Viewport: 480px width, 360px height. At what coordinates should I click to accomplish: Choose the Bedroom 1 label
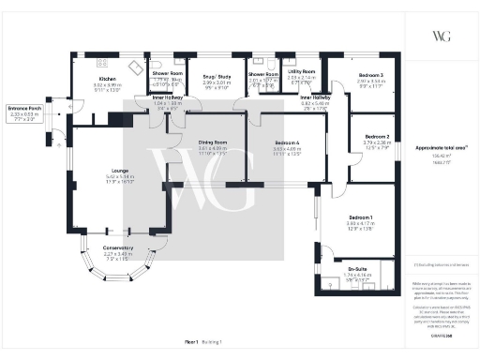click(359, 218)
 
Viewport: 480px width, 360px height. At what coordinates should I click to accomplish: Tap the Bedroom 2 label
click(376, 137)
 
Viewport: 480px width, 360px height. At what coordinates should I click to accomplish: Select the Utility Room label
click(302, 72)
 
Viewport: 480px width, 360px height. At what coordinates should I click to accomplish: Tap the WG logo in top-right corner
click(440, 37)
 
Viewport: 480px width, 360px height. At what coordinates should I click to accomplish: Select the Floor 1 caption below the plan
click(192, 343)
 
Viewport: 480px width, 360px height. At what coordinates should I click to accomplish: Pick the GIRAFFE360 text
click(439, 335)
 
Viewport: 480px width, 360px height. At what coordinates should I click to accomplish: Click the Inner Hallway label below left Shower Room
click(167, 97)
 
